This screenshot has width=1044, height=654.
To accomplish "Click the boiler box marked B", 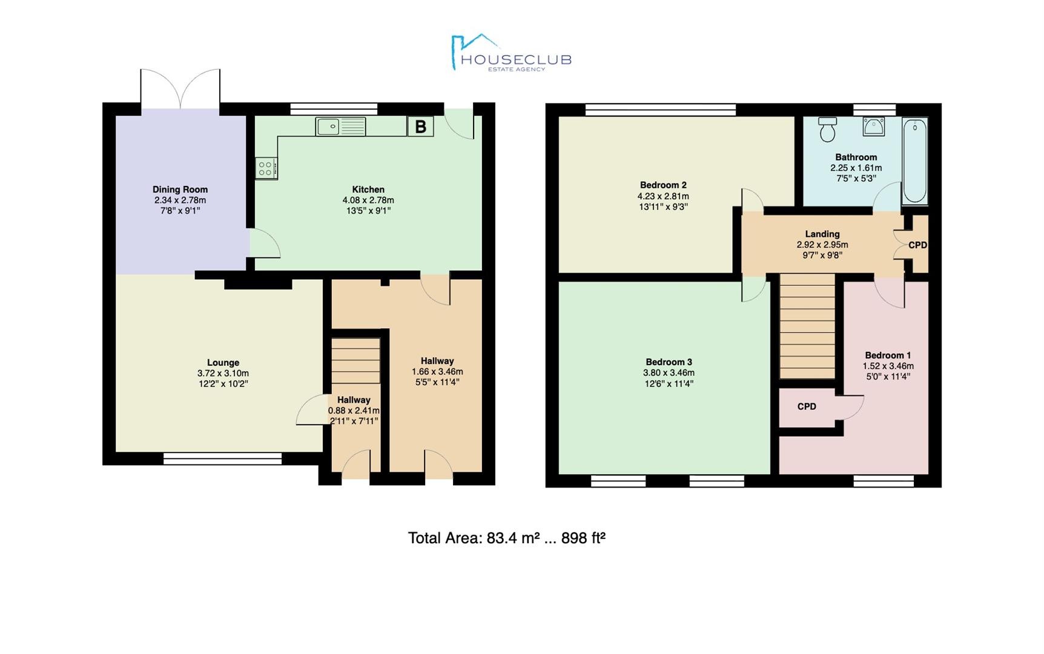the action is tap(420, 127).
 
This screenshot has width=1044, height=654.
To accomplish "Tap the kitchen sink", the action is tap(341, 127).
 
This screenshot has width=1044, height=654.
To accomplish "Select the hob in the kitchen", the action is tap(266, 168).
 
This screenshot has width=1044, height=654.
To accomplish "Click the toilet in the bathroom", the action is tap(827, 129).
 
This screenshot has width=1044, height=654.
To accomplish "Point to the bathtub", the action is tap(914, 162).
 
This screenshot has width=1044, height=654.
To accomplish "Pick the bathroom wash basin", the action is tap(874, 125).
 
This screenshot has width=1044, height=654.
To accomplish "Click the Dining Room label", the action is tap(180, 190).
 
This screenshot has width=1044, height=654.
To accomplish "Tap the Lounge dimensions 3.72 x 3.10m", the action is tap(223, 374).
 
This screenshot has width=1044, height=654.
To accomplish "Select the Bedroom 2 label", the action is tap(663, 185).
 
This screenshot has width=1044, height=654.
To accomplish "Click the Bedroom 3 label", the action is tap(669, 362).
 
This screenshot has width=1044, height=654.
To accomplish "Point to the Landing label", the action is tap(822, 234).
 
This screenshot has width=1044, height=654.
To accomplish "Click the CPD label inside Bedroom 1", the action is tap(807, 407).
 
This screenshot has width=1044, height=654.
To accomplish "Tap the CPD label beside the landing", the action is tap(917, 245).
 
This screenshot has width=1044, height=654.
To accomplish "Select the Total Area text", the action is tap(507, 538).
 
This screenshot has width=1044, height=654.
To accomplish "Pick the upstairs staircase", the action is tap(807, 326).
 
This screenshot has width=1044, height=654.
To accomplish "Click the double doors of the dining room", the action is tap(180, 90).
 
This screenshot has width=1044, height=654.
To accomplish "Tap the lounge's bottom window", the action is tap(223, 459).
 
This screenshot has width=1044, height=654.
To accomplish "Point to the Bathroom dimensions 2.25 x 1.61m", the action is tap(856, 168).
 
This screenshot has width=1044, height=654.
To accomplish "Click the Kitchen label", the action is tap(368, 190).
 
